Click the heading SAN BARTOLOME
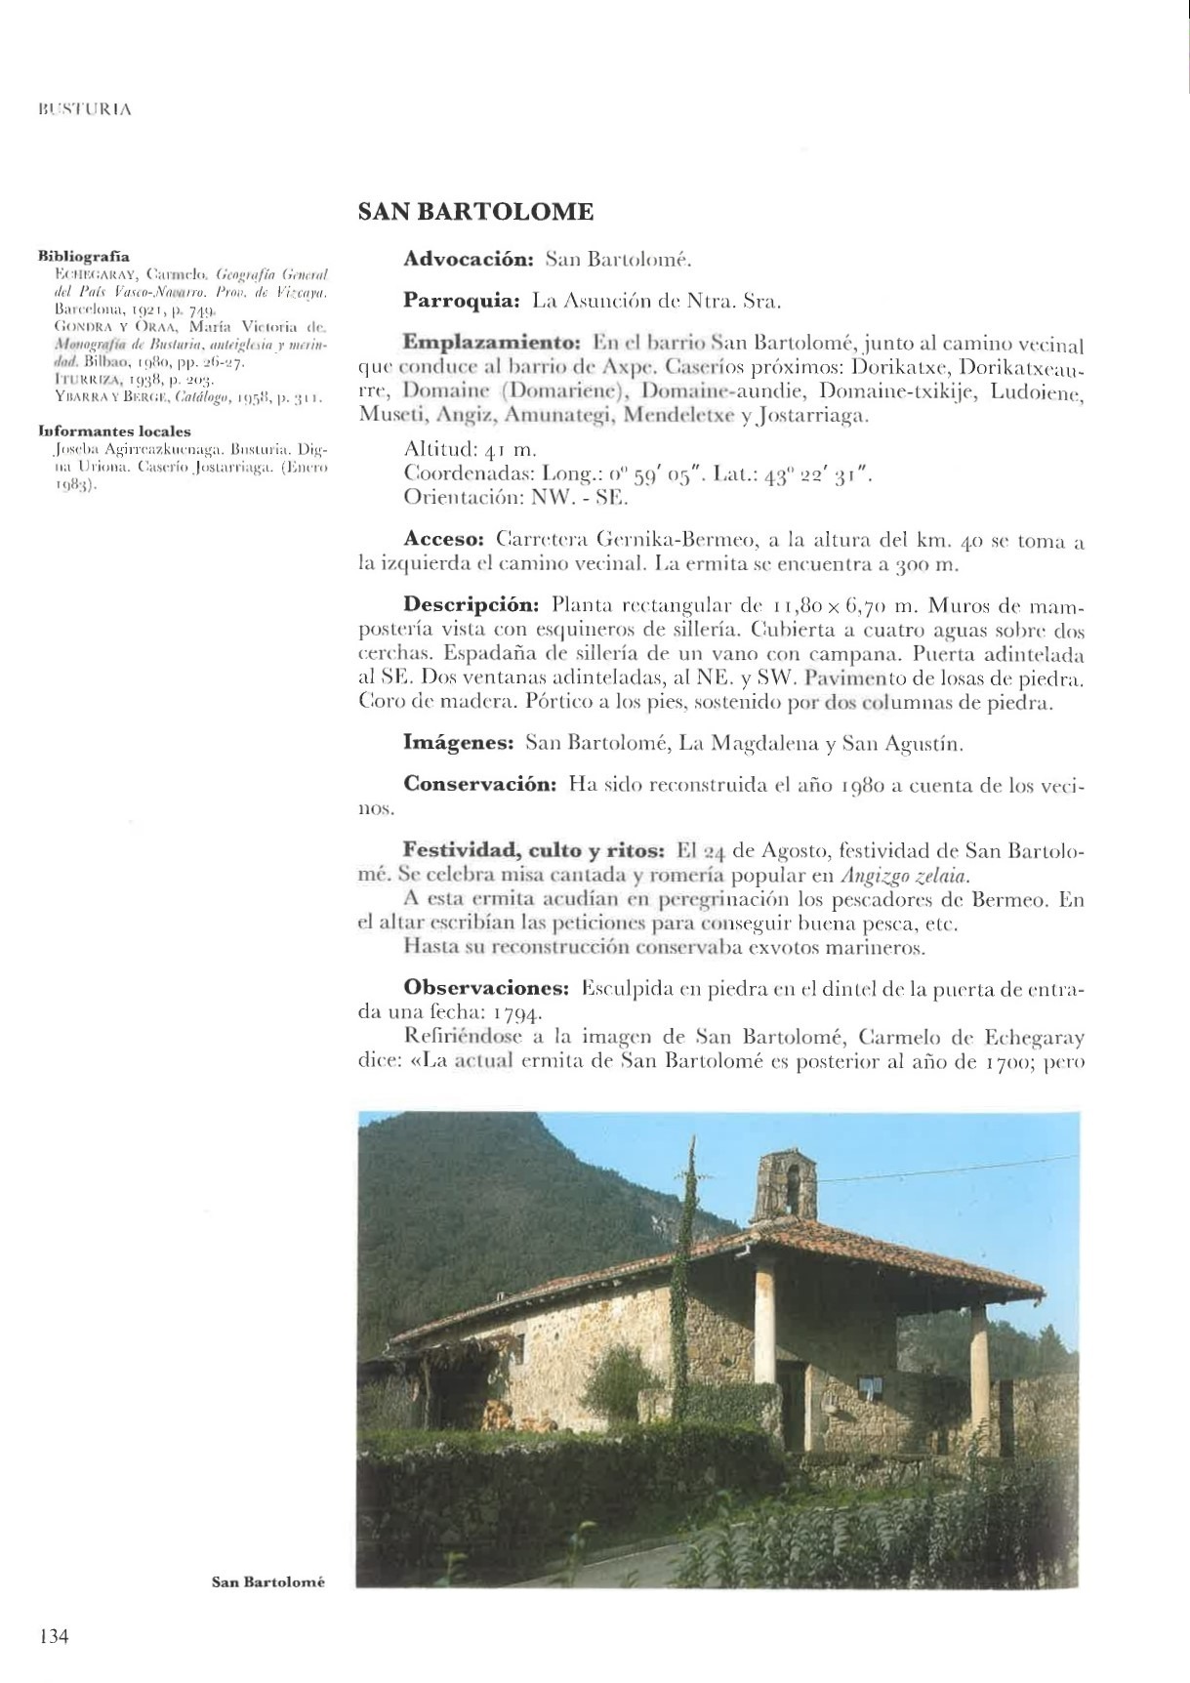pos(475,212)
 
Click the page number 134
pos(53,1636)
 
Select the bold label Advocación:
pos(469,260)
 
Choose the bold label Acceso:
pos(443,539)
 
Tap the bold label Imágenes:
pos(459,743)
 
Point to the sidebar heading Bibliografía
pos(83,257)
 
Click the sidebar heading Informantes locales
pos(114,431)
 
